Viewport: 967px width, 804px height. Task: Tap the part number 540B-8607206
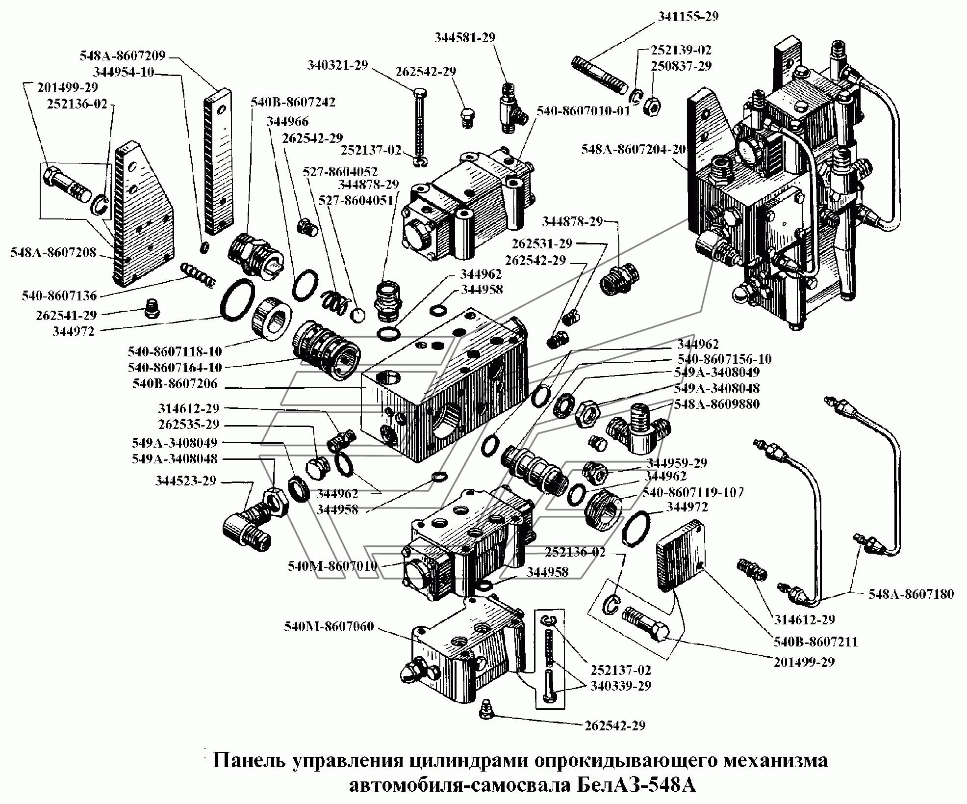(x=175, y=384)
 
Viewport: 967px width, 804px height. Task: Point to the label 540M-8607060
(x=329, y=627)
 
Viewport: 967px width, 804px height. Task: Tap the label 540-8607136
(x=59, y=296)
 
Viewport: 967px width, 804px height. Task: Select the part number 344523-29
(x=186, y=481)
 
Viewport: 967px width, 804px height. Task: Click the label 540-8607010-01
(x=582, y=111)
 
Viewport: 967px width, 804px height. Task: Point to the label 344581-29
(x=465, y=37)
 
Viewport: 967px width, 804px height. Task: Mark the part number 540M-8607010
(x=333, y=566)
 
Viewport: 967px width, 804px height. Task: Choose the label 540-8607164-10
(x=175, y=367)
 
